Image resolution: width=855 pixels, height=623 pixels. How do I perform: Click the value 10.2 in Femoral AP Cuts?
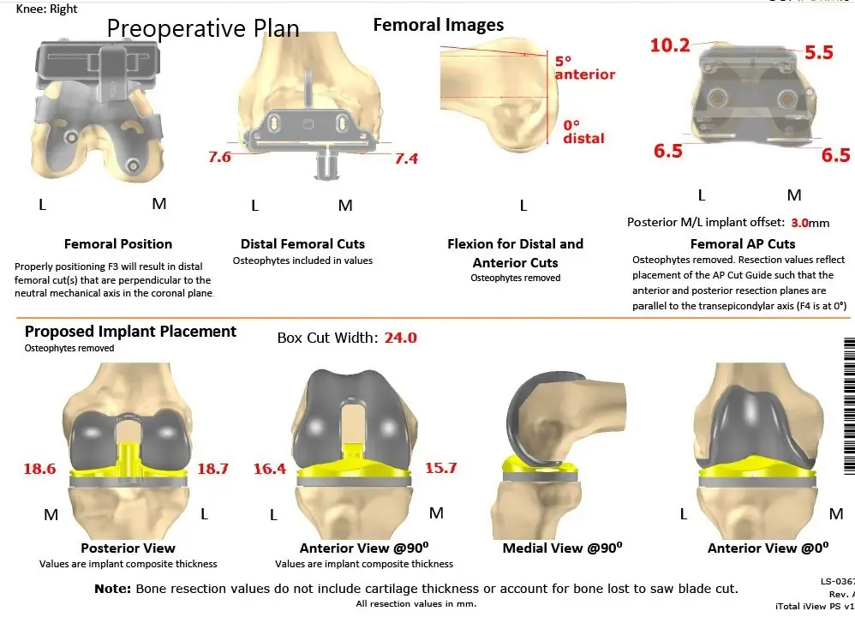(x=669, y=45)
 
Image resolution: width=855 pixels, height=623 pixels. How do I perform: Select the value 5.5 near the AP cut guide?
(x=818, y=53)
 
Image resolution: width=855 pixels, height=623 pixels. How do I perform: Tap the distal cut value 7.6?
(x=219, y=157)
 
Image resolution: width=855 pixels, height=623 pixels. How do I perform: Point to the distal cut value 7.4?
(x=406, y=159)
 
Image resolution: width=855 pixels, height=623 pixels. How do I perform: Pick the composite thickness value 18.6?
(x=39, y=469)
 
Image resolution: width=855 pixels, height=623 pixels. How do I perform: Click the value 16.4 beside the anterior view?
(x=269, y=469)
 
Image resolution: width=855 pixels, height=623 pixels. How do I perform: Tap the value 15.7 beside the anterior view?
(x=440, y=468)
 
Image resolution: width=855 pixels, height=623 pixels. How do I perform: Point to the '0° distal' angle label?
(x=583, y=131)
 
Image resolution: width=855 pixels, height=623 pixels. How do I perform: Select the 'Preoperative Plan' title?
(x=203, y=28)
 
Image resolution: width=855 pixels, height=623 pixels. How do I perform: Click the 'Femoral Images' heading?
(x=438, y=25)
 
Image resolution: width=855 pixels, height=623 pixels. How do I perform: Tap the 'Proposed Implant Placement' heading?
(x=130, y=332)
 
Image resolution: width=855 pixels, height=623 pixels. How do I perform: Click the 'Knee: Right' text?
(x=46, y=9)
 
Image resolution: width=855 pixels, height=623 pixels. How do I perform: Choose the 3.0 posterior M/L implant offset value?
(x=799, y=223)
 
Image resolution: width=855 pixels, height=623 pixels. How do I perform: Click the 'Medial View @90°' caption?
(x=562, y=548)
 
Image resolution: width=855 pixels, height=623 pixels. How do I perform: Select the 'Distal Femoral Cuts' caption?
(x=302, y=244)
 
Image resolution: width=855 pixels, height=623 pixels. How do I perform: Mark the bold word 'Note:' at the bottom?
(x=112, y=589)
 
